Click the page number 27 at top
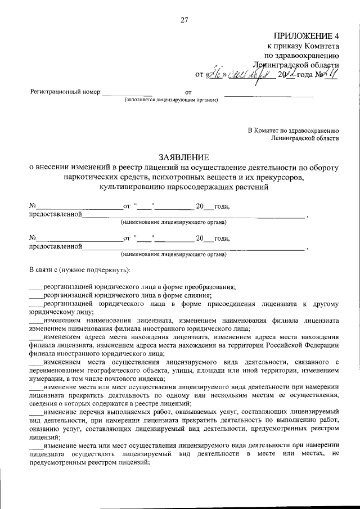point(184,21)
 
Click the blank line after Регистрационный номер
point(127,93)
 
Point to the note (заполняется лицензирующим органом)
point(167,101)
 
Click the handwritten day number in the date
point(214,73)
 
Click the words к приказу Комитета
point(303,47)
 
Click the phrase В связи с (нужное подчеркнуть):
point(79,270)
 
